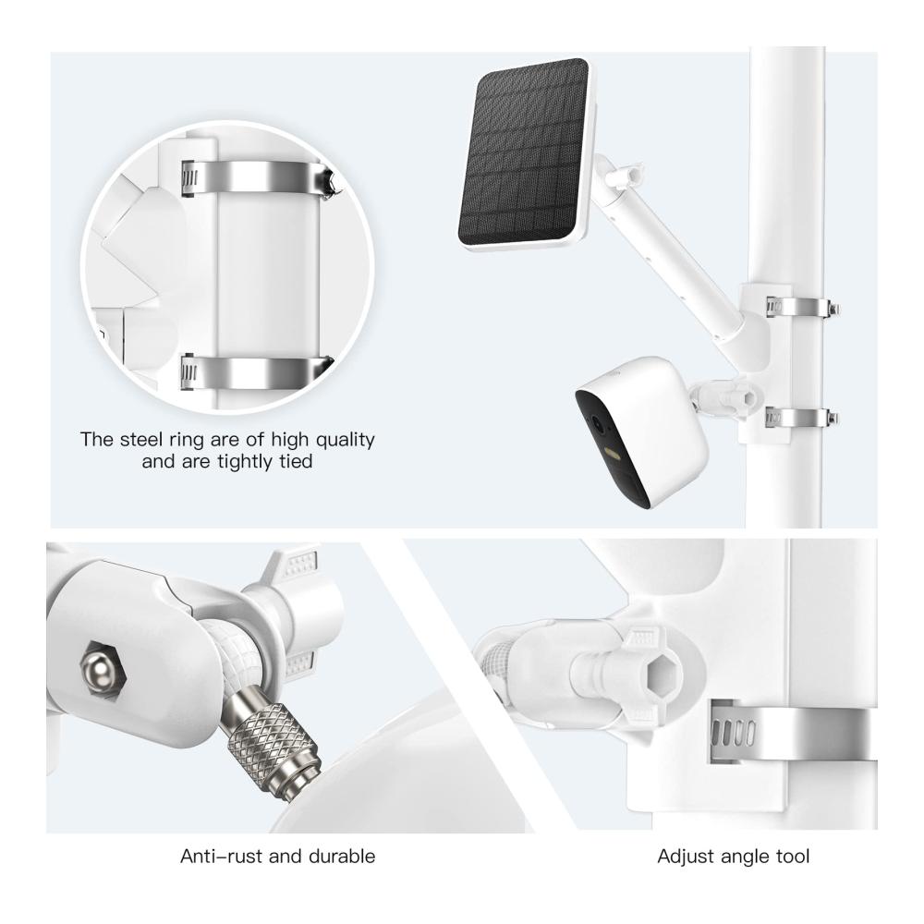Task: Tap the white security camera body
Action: pos(642,431)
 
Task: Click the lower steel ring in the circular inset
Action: pos(256,371)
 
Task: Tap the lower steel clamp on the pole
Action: pos(801,418)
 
